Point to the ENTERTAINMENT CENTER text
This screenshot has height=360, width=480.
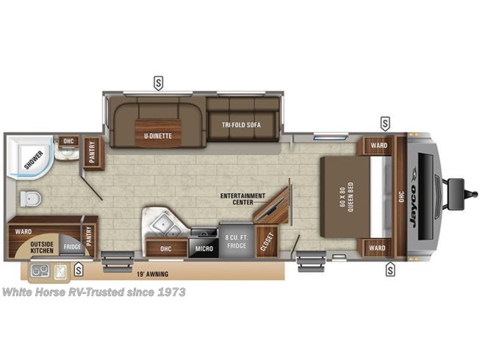point(237,196)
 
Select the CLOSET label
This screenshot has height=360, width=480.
point(265,243)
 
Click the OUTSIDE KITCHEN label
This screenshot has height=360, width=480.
point(42,248)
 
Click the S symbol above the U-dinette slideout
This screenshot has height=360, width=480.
point(157,82)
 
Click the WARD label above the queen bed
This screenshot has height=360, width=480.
point(378,145)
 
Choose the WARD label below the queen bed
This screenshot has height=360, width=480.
point(377,248)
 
